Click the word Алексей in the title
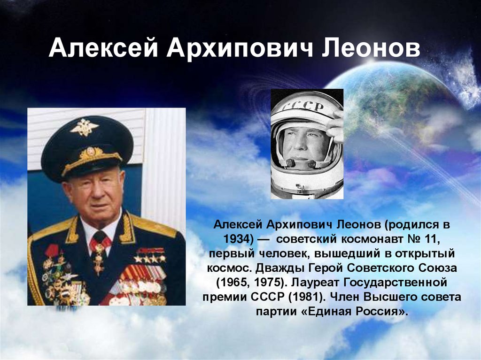click(x=103, y=48)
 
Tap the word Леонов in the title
click(x=371, y=48)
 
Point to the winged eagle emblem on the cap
click(x=84, y=127)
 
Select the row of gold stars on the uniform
click(x=150, y=258)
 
